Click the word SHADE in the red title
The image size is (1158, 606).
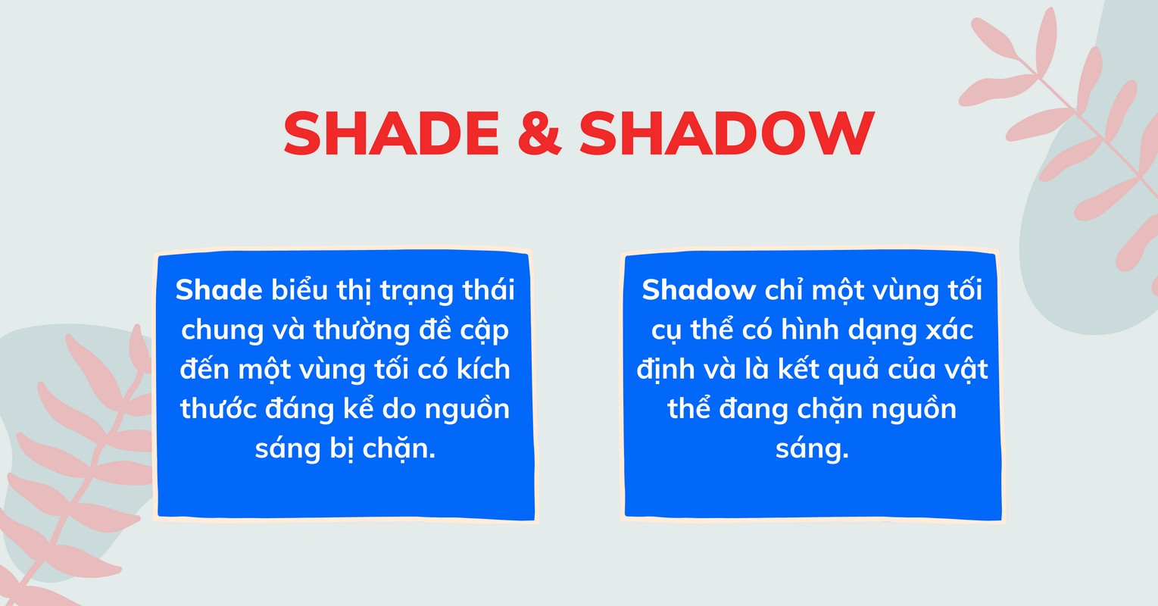coord(391,134)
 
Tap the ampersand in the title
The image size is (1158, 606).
coord(538,134)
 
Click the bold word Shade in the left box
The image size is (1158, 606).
coord(219,290)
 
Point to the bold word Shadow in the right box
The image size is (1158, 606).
coord(699,290)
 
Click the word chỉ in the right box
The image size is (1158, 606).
coord(785,290)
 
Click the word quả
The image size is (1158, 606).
coord(852,370)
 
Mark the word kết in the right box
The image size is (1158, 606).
coord(794,369)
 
